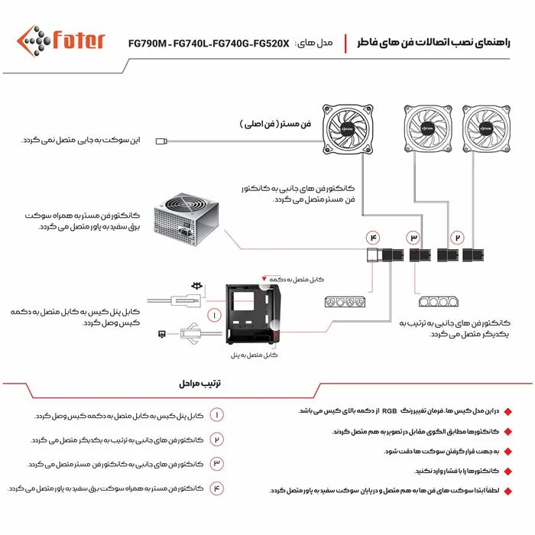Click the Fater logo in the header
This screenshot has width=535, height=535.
click(x=60, y=40)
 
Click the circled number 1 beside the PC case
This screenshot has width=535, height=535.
click(x=215, y=315)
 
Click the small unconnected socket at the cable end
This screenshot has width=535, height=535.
click(x=160, y=141)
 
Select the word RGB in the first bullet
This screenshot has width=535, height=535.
click(x=390, y=410)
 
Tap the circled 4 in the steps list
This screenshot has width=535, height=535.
click(x=216, y=488)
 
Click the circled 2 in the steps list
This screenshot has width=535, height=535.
click(x=216, y=439)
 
